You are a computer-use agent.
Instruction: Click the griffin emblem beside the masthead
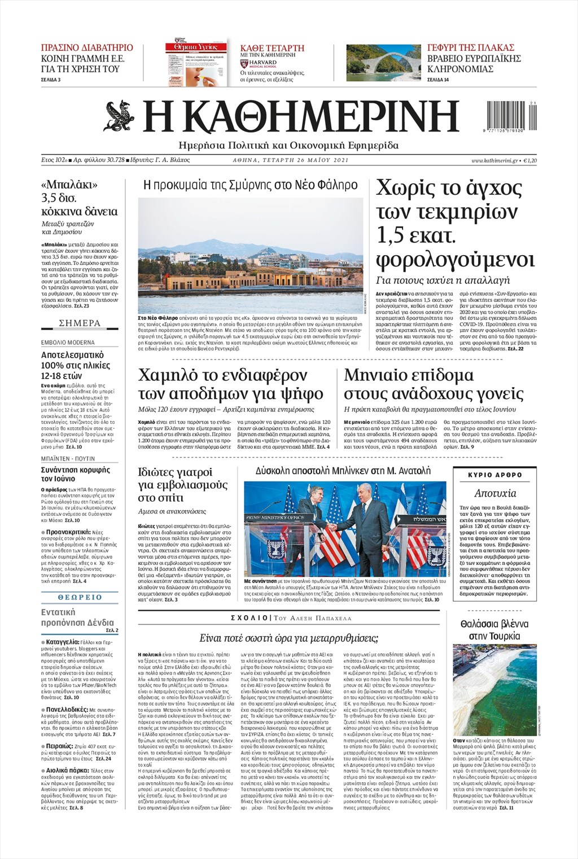click(x=119, y=115)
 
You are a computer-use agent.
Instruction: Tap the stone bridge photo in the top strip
click(x=382, y=63)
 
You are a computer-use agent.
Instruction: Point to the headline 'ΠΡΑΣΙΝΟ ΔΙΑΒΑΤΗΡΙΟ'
click(x=87, y=47)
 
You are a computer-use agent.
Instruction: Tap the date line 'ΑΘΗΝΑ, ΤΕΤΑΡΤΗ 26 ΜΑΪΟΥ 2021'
click(x=291, y=160)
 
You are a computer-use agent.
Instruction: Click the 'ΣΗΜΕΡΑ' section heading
click(x=80, y=323)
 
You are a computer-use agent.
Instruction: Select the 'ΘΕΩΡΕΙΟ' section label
click(x=80, y=597)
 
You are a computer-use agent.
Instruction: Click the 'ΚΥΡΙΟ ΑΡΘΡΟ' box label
click(x=495, y=475)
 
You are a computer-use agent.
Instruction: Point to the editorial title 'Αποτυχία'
click(x=495, y=493)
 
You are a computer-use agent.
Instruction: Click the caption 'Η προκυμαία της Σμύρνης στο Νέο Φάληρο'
click(x=250, y=185)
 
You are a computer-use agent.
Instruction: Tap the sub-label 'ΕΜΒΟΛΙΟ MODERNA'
click(x=68, y=343)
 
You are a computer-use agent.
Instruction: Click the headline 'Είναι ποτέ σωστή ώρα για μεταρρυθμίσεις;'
click(x=288, y=638)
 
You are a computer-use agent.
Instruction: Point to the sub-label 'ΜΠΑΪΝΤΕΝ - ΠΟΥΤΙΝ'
click(x=68, y=458)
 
